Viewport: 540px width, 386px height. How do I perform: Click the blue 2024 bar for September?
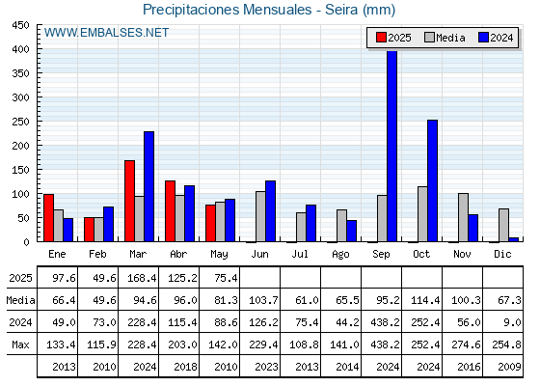click(x=391, y=146)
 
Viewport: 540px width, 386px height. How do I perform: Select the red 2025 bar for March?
click(x=130, y=201)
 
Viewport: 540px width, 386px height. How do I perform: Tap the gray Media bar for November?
click(x=463, y=217)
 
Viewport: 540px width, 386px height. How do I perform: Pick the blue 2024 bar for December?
click(x=513, y=239)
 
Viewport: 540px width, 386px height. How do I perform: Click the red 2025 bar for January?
click(x=48, y=218)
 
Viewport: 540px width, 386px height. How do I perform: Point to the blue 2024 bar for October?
click(x=433, y=181)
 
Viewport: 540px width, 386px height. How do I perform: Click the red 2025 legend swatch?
click(x=381, y=38)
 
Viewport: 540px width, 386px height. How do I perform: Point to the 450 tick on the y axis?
click(x=20, y=25)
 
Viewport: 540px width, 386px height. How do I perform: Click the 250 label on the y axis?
click(x=20, y=122)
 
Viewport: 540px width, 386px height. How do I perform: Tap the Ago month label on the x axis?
click(x=340, y=255)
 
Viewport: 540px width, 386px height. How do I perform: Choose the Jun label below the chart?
click(x=259, y=255)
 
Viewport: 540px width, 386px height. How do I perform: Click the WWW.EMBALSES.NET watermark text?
click(x=106, y=33)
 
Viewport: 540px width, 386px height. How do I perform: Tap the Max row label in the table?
click(x=20, y=345)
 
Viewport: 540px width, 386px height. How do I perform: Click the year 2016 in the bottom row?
click(x=469, y=367)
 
